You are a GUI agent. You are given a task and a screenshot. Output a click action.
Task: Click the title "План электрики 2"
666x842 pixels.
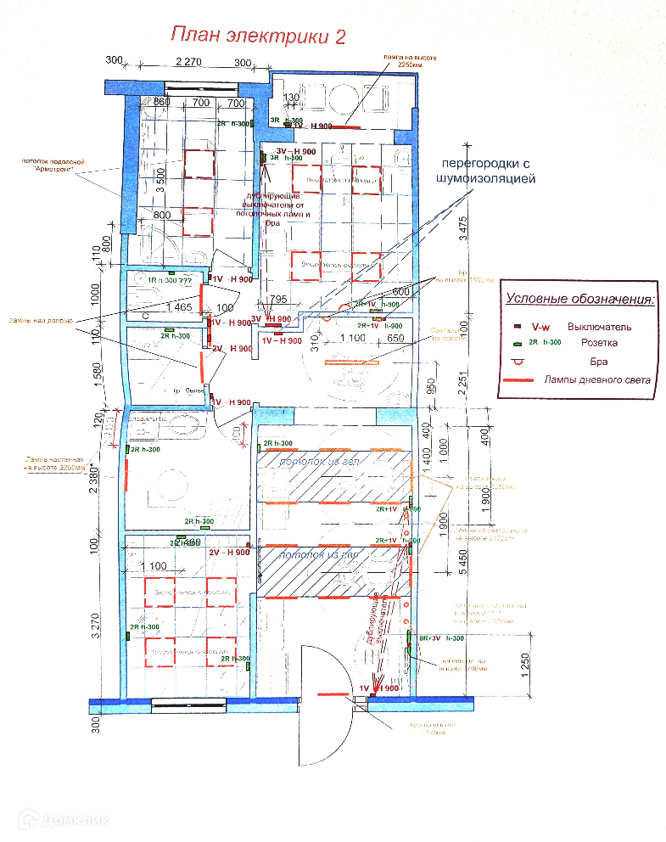point(258,35)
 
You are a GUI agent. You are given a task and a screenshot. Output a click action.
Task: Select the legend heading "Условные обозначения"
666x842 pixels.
point(580,299)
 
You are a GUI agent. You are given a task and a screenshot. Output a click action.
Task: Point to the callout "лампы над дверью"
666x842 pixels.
point(39,320)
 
